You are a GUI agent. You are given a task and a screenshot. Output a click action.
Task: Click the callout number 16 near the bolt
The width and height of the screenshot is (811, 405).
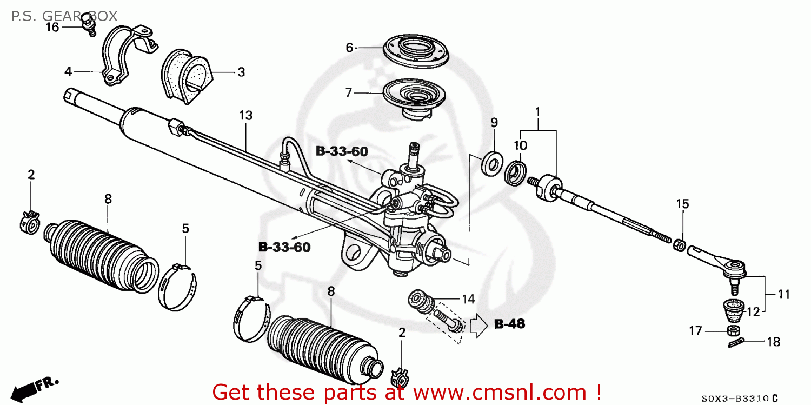(x=52, y=27)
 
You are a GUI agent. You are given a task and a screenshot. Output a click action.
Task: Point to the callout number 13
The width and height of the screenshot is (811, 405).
(x=246, y=115)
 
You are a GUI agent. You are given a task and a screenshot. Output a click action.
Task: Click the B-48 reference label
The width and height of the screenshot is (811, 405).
(x=509, y=324)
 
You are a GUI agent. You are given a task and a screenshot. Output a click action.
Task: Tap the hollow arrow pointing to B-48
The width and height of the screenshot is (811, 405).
(x=478, y=326)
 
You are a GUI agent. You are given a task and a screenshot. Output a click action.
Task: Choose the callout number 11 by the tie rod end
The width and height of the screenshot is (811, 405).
(x=783, y=295)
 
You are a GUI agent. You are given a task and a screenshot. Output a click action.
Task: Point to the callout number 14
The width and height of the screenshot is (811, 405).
(x=468, y=298)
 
